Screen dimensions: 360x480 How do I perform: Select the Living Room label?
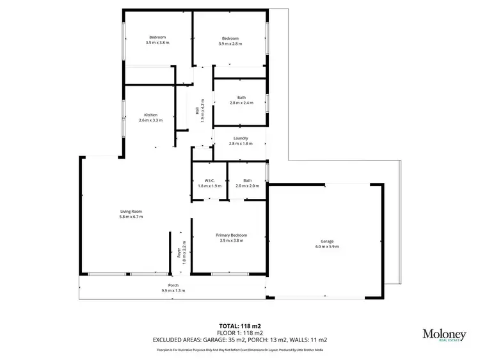click(131, 212)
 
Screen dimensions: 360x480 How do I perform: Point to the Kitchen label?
click(150, 115)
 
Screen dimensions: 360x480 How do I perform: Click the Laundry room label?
click(241, 138)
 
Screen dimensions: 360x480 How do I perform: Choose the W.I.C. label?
click(209, 180)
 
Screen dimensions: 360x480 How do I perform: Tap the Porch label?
click(173, 285)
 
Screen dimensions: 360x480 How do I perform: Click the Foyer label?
click(179, 251)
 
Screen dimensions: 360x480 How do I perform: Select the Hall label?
click(197, 111)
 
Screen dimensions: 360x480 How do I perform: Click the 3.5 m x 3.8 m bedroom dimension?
click(157, 43)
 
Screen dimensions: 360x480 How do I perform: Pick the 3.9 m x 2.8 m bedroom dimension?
click(230, 43)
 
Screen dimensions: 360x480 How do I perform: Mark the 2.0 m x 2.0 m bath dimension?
click(247, 185)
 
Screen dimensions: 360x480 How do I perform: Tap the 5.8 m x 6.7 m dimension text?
click(131, 217)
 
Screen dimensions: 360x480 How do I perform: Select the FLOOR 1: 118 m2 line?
click(240, 333)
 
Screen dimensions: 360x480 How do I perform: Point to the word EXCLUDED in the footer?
click(168, 340)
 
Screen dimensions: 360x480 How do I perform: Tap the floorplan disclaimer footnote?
click(240, 350)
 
